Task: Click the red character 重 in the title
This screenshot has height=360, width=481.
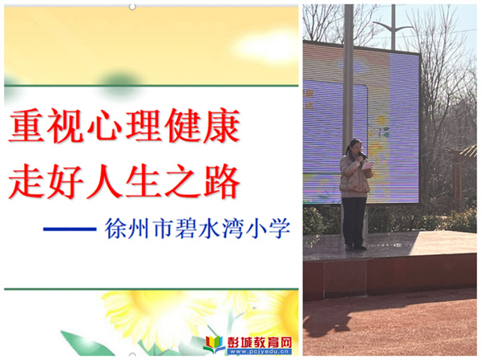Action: coord(26,126)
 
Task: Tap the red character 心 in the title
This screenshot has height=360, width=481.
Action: coord(104,126)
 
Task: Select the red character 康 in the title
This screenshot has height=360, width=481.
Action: coord(221,126)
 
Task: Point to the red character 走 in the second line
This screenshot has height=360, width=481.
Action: coord(26,181)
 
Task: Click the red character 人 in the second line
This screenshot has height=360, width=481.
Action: coord(104,181)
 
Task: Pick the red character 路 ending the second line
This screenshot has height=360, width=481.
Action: coord(221,181)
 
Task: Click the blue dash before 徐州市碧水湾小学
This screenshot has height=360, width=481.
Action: coord(70,229)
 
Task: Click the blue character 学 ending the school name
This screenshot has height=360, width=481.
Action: coord(279,229)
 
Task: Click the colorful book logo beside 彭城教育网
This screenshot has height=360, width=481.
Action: coord(214,344)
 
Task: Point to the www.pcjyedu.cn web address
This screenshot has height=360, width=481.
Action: coord(259,351)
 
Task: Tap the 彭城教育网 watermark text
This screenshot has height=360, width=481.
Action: coord(259,342)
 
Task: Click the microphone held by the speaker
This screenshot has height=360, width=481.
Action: coord(363,156)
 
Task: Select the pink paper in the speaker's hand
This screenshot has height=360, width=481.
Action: coord(367,165)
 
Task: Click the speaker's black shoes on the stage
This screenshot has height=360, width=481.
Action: coord(355,247)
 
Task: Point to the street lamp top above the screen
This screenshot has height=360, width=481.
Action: coord(393,27)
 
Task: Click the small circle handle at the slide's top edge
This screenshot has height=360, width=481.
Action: coord(132,6)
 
